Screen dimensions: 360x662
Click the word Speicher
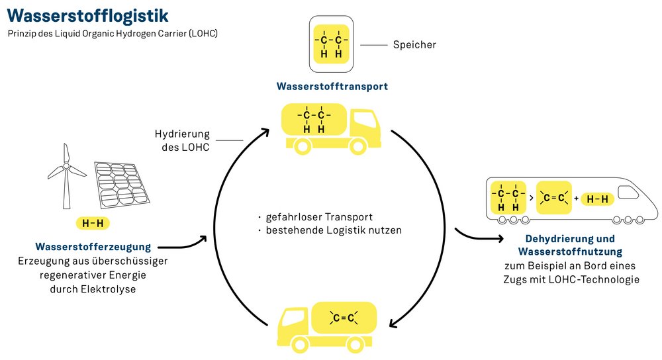414,45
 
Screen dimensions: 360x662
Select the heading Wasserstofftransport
332,87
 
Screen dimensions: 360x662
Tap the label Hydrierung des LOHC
182,140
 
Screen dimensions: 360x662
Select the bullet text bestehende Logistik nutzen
334,231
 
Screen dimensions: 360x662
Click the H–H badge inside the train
598,198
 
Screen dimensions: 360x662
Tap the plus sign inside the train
576,198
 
